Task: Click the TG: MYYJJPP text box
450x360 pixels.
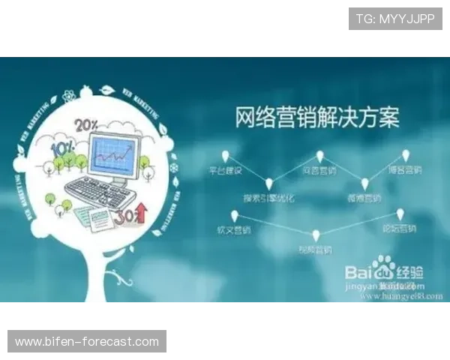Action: (395, 19)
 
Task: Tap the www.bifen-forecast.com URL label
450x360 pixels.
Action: (87, 342)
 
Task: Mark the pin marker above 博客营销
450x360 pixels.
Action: (406, 155)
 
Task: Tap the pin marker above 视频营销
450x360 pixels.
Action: (316, 235)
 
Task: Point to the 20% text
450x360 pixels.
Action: (85, 124)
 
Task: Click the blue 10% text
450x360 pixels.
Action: (61, 148)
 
